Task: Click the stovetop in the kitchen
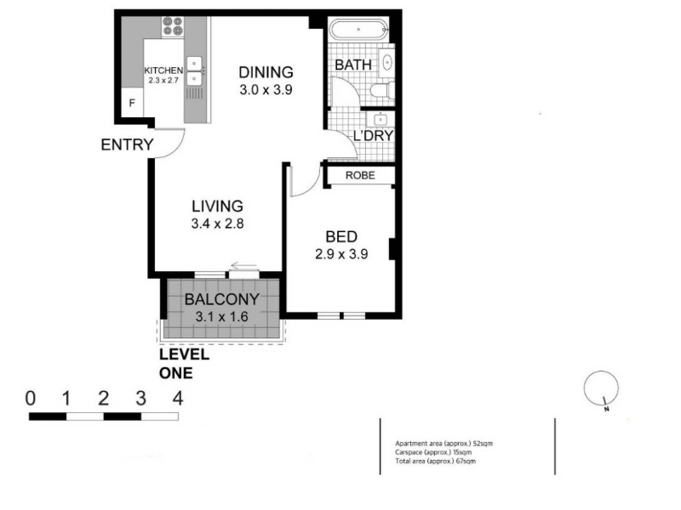(173, 26)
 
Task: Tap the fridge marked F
(132, 103)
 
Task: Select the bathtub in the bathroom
(358, 30)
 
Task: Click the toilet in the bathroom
(382, 90)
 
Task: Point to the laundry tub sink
(381, 119)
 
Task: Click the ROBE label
(360, 175)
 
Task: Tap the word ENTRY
(127, 144)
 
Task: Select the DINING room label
(266, 72)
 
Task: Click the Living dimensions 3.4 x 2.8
(217, 224)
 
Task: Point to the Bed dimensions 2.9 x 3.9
(341, 254)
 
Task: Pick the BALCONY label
(222, 299)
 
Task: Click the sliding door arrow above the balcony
(244, 266)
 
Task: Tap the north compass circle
(601, 388)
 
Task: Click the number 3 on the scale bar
(140, 398)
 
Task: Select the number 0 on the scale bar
(31, 398)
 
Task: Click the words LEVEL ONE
(184, 364)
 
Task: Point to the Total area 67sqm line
(435, 461)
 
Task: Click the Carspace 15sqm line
(433, 452)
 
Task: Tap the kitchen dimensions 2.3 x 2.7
(163, 80)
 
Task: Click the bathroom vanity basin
(387, 63)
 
